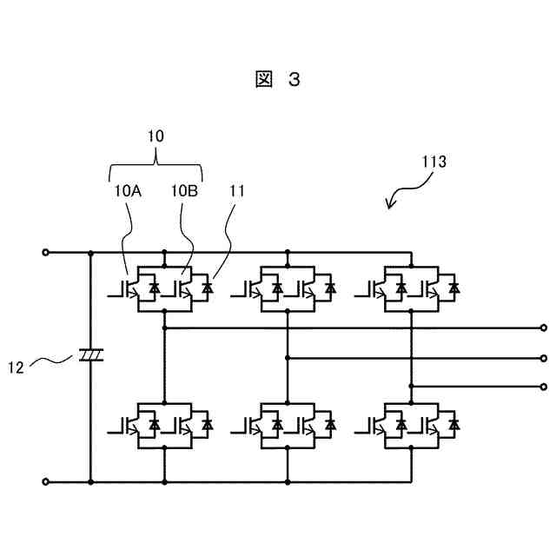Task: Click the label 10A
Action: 128,191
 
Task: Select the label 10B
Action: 185,191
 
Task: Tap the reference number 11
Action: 237,191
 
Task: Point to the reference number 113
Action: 434,162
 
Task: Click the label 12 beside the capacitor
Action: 16,367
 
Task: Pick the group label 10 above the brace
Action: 156,136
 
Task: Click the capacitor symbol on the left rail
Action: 90,355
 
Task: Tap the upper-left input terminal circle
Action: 45,253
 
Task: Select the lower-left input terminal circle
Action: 45,481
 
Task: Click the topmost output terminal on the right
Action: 544,328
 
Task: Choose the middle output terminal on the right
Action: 544,359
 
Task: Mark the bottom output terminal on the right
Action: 544,387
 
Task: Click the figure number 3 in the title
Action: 295,79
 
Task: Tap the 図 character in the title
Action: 264,79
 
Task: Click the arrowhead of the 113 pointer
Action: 389,205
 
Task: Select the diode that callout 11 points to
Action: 208,288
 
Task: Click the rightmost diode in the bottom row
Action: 454,424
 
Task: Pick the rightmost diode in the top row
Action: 454,288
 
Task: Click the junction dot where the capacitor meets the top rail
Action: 90,253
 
